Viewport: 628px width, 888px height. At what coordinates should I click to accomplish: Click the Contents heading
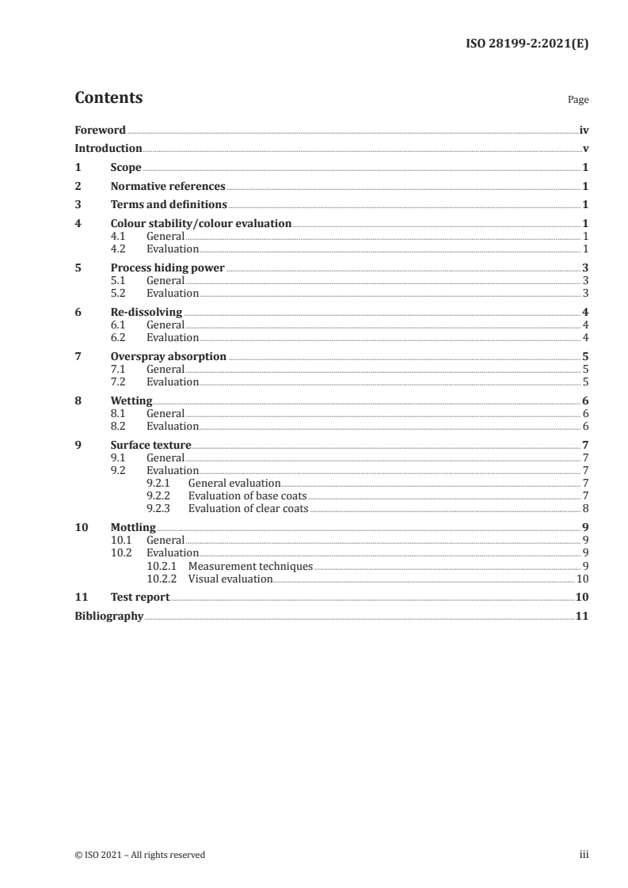pos(108,98)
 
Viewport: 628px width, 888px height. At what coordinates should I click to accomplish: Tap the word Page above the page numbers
pos(578,101)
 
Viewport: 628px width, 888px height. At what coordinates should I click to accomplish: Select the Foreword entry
pos(100,130)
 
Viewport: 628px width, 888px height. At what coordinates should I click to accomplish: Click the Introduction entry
pos(108,149)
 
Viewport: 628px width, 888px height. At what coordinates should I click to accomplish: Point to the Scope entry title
pos(126,168)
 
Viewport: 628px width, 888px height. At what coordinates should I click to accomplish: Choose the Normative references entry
pos(168,187)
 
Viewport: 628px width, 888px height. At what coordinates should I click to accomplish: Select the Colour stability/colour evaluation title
pos(201,224)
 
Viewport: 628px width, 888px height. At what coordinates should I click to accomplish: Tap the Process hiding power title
pos(168,268)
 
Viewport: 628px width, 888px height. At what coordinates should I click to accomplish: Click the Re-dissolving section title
pos(147,313)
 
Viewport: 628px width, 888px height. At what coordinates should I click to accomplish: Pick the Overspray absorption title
pos(169,357)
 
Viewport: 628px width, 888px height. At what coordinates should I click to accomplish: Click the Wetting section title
pos(131,401)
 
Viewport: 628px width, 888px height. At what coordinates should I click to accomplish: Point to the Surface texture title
pos(150,446)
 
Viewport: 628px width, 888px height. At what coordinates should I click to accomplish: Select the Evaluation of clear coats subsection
pos(248,508)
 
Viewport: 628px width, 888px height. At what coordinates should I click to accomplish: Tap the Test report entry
pos(140,598)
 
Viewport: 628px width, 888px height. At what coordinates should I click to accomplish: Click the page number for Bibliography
pos(580,617)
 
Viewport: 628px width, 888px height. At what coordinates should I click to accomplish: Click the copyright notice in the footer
pos(139,855)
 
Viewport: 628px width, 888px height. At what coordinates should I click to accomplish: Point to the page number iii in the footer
pos(584,855)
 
